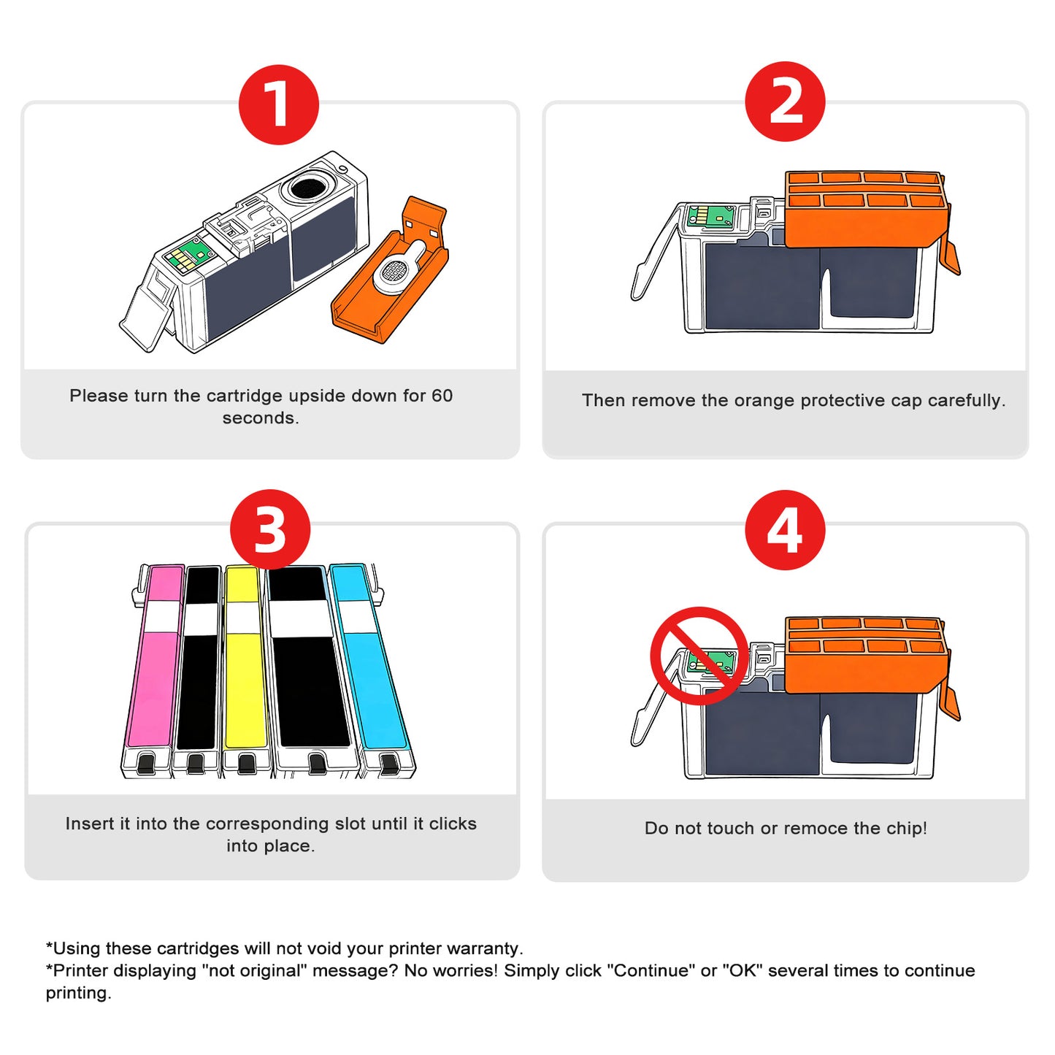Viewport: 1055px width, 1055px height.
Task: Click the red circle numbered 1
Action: (278, 104)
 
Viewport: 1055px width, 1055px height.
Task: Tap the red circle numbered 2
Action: (785, 101)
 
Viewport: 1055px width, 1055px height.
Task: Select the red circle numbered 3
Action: (270, 529)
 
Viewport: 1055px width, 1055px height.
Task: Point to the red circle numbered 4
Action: (785, 529)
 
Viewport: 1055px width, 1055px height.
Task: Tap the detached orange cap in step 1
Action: (391, 274)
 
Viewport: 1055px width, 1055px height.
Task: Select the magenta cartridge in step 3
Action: (156, 672)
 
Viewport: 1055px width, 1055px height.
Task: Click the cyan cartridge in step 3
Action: (369, 672)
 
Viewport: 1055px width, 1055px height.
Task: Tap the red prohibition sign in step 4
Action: (699, 656)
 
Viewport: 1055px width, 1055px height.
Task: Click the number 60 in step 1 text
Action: (442, 396)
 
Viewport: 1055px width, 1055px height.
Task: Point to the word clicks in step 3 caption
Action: (453, 824)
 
